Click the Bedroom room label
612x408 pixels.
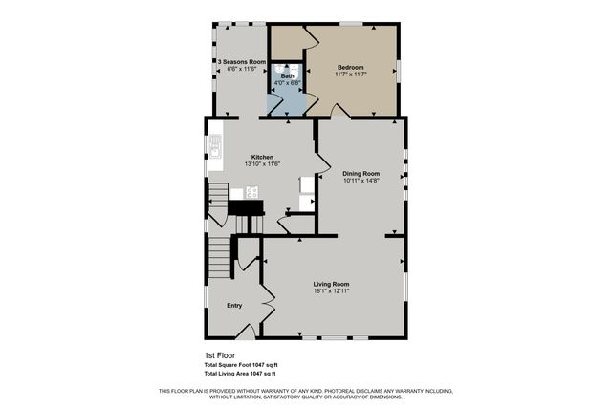click(x=350, y=68)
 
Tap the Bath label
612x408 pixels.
click(x=287, y=75)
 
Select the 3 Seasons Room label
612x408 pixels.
click(x=241, y=62)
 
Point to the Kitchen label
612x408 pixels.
click(x=262, y=157)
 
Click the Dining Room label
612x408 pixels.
click(x=361, y=173)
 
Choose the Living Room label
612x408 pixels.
click(x=331, y=284)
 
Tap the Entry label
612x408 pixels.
click(x=234, y=306)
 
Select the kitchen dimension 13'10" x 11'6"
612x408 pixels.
click(x=262, y=164)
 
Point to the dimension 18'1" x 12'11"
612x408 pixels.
click(x=331, y=290)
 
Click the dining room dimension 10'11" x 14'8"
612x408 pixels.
click(x=361, y=180)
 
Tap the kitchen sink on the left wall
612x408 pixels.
click(x=216, y=147)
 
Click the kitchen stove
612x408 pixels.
click(x=251, y=191)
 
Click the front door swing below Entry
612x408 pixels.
click(x=246, y=333)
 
